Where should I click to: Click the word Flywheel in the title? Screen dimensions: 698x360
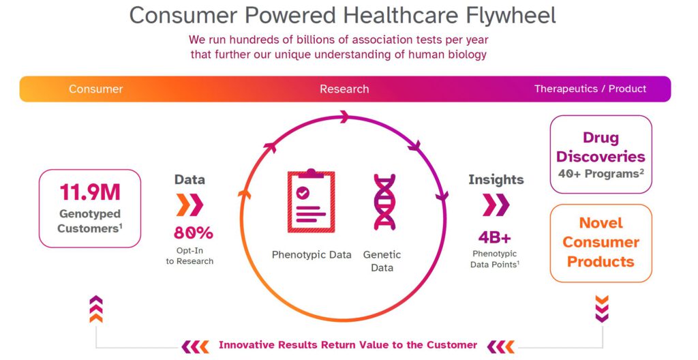tap(511, 16)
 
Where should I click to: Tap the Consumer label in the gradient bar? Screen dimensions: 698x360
tap(95, 89)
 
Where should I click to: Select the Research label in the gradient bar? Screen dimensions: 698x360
tap(344, 89)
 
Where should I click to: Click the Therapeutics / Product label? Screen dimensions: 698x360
tap(590, 89)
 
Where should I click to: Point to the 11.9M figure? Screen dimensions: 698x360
tap(90, 192)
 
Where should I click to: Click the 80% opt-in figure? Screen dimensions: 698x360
tap(193, 233)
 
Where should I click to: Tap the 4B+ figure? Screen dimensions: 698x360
tap(495, 237)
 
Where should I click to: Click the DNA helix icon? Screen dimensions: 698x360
tap(384, 202)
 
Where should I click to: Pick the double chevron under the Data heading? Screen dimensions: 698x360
tap(189, 205)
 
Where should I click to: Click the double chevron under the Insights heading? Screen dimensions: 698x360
tap(496, 205)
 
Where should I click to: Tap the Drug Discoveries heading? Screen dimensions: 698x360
tap(601, 147)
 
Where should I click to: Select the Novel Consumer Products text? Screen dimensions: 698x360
tap(601, 242)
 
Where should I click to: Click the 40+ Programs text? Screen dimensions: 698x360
tap(601, 174)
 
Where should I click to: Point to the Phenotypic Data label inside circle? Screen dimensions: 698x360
tap(312, 255)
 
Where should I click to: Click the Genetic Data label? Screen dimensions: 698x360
tap(382, 261)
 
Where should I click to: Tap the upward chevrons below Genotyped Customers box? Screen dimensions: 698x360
tap(96, 309)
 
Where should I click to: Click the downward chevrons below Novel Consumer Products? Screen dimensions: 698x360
tap(602, 309)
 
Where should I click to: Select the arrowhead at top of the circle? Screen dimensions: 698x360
tap(344, 117)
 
